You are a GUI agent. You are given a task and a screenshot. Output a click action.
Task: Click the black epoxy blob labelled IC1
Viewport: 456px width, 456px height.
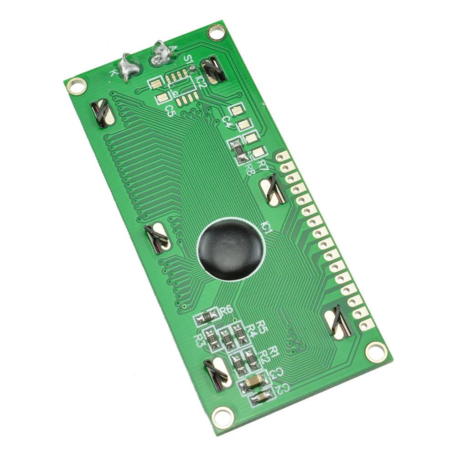[231, 249]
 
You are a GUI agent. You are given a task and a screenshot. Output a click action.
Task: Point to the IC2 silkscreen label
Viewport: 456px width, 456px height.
[201, 81]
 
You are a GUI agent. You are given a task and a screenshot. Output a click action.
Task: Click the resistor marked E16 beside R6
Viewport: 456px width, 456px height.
[206, 316]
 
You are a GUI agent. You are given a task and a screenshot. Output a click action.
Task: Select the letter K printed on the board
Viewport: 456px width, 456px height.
[114, 72]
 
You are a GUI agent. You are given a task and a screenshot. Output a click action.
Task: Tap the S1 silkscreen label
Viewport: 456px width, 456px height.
[188, 59]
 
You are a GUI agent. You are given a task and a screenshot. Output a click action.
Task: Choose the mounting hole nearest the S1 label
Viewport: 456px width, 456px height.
[216, 32]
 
